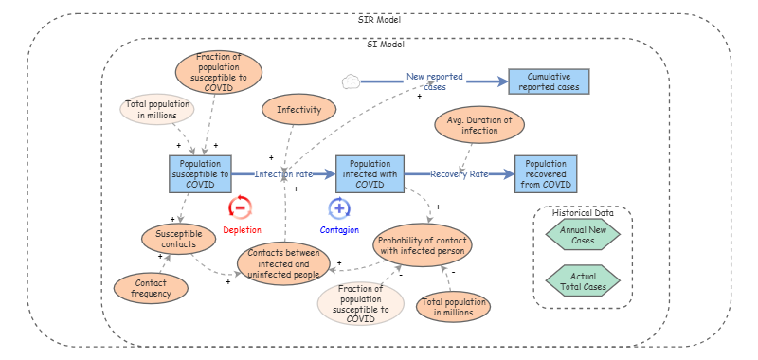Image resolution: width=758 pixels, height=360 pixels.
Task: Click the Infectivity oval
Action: click(298, 109)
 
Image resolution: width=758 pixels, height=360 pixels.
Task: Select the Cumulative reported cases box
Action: click(549, 81)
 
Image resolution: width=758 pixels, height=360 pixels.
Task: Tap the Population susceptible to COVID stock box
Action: click(200, 174)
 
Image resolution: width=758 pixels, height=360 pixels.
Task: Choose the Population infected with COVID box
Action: click(370, 174)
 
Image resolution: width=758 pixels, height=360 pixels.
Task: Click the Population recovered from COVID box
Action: click(546, 174)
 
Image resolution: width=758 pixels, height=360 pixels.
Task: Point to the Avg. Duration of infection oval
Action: click(479, 125)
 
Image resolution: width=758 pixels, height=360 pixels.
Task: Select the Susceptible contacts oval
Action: click(179, 239)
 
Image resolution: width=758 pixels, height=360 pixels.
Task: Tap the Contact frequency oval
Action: click(151, 288)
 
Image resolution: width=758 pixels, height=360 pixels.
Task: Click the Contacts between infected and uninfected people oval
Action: click(283, 263)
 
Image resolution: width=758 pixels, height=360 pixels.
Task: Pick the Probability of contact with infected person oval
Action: click(423, 244)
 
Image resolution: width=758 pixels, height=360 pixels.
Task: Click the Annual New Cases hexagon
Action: click(583, 234)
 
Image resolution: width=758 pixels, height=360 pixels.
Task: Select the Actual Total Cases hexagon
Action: click(583, 280)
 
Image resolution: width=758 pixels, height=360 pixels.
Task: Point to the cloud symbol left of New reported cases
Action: click(351, 81)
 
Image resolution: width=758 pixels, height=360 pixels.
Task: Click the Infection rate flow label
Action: click(283, 174)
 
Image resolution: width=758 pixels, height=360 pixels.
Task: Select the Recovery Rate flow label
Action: click(460, 174)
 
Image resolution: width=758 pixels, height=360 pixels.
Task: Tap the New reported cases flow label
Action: click(435, 81)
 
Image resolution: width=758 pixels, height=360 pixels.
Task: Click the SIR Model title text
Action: click(380, 20)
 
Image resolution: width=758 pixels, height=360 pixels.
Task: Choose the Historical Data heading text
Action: click(583, 212)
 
